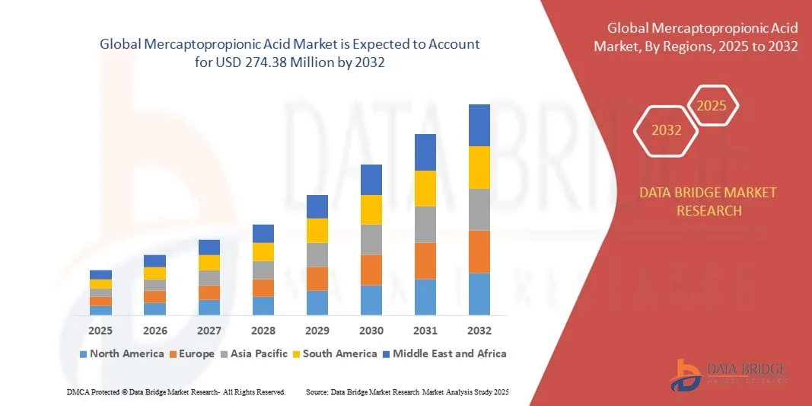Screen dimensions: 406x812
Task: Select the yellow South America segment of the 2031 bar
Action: point(425,188)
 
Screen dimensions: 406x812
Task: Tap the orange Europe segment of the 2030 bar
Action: point(371,270)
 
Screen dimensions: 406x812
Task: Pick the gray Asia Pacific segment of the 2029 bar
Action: point(317,254)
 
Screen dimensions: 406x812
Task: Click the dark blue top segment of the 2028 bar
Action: point(263,233)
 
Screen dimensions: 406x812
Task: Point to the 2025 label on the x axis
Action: point(100,331)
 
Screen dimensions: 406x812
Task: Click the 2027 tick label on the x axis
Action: point(209,331)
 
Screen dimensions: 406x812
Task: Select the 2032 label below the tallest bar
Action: point(479,331)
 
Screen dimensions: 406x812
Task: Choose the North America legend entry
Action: point(121,353)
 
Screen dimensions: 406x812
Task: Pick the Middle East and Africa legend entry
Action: point(444,353)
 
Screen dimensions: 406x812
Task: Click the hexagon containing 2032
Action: point(666,130)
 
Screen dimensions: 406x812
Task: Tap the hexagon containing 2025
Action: point(712,106)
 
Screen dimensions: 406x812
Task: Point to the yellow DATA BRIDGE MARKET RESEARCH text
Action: point(709,201)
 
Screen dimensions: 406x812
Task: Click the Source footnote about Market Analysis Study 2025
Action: point(406,392)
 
